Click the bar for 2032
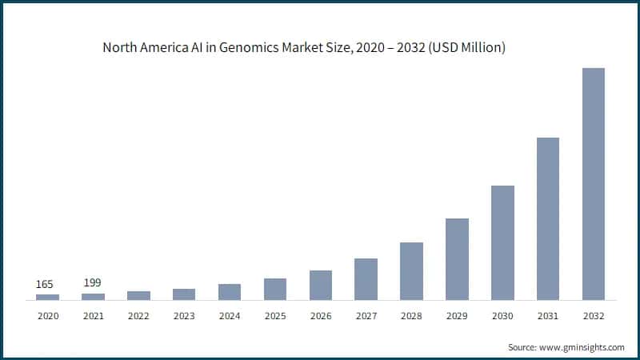pos(594,184)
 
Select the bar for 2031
pos(548,219)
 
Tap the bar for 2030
pos(502,243)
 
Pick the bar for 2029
pos(457,259)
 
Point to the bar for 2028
pos(411,271)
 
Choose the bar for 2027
pos(366,279)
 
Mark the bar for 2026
pos(321,286)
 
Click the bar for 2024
pos(230,292)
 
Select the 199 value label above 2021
pos(93,283)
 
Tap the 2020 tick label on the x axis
pos(47,316)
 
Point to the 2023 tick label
pos(184,316)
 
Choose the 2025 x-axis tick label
pos(275,316)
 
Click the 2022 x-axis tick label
pos(138,316)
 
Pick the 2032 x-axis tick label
pos(594,316)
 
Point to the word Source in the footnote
pos(524,347)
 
